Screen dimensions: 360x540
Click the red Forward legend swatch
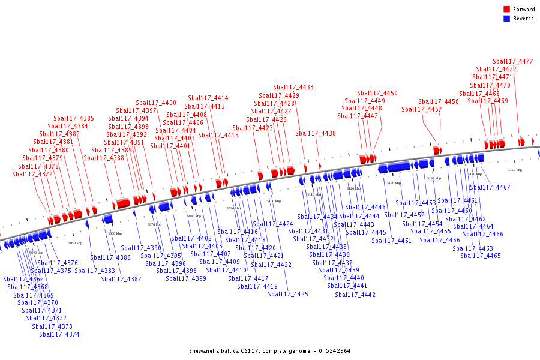click(x=506, y=10)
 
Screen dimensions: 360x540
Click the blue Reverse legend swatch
click(x=506, y=19)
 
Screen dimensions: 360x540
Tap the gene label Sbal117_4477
click(x=513, y=61)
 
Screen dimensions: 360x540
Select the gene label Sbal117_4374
click(x=59, y=334)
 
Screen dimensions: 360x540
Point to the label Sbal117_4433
click(x=293, y=88)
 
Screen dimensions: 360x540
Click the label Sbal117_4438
click(x=316, y=134)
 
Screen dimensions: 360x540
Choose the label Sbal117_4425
click(x=288, y=294)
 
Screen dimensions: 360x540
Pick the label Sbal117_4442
click(x=355, y=295)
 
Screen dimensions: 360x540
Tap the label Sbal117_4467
click(x=490, y=188)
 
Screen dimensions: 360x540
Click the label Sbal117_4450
click(x=377, y=94)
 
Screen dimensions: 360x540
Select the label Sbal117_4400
click(x=156, y=103)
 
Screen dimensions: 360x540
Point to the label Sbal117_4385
click(x=74, y=119)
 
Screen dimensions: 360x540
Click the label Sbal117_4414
click(x=208, y=98)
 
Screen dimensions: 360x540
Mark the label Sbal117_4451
click(x=392, y=241)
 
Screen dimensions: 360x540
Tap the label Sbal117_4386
click(x=110, y=258)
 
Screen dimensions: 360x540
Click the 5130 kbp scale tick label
click(x=394, y=183)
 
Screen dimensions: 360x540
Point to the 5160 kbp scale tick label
click(x=515, y=170)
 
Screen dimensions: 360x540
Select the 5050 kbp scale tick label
click(x=75, y=244)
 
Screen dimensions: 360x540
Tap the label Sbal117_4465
click(x=481, y=256)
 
